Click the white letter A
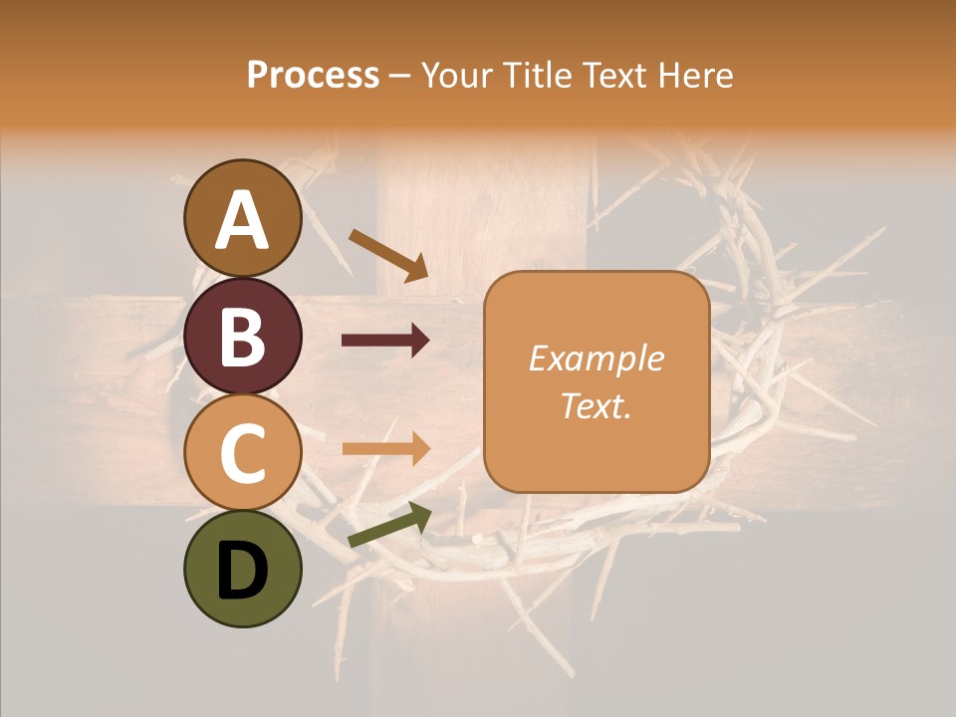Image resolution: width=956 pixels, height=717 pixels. tap(243, 219)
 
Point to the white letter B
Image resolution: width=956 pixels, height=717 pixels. tap(243, 337)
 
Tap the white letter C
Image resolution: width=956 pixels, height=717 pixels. tap(243, 453)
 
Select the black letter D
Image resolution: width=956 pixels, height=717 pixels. tap(243, 571)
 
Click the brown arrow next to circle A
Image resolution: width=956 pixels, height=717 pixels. tap(387, 255)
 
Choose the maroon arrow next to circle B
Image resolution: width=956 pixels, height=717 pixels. tap(385, 341)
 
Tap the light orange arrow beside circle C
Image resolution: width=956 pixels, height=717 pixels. tap(385, 448)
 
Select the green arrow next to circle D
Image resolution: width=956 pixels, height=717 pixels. tap(389, 525)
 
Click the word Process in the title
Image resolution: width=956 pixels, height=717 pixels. tap(313, 75)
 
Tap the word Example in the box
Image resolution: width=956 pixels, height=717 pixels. tap(597, 358)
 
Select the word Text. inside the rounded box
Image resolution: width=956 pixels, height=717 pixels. tap(597, 405)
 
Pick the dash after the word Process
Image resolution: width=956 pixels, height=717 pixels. tap(400, 76)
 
